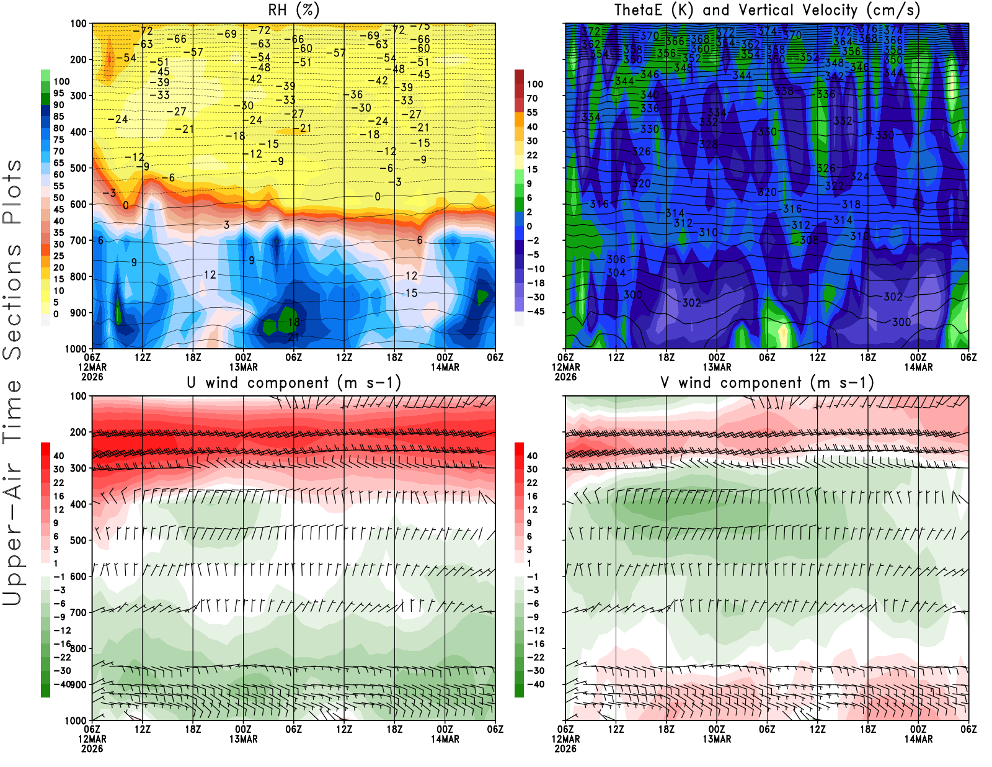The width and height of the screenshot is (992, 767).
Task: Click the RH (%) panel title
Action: tap(293, 10)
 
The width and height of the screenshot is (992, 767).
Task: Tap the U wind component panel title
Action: tap(294, 382)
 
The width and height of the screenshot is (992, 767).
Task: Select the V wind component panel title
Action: tap(767, 382)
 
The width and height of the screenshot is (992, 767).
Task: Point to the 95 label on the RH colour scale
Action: tap(58, 93)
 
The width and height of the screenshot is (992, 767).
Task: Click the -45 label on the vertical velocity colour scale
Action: tap(535, 312)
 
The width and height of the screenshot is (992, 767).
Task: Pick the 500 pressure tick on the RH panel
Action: tap(78, 168)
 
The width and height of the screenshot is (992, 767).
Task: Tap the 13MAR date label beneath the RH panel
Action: tap(243, 367)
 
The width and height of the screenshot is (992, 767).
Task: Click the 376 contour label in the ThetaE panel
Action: tap(868, 29)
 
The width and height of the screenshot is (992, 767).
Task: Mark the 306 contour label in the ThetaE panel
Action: tap(616, 259)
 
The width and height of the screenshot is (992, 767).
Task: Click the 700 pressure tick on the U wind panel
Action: tap(78, 612)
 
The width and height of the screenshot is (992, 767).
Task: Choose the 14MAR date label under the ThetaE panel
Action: tap(918, 367)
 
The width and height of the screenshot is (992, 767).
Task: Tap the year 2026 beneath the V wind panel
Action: tap(565, 748)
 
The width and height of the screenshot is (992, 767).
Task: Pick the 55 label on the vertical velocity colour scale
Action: tap(532, 112)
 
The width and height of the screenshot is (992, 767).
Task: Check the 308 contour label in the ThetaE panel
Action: tap(808, 240)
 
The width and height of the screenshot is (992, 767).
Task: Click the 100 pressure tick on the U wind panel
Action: tap(78, 396)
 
